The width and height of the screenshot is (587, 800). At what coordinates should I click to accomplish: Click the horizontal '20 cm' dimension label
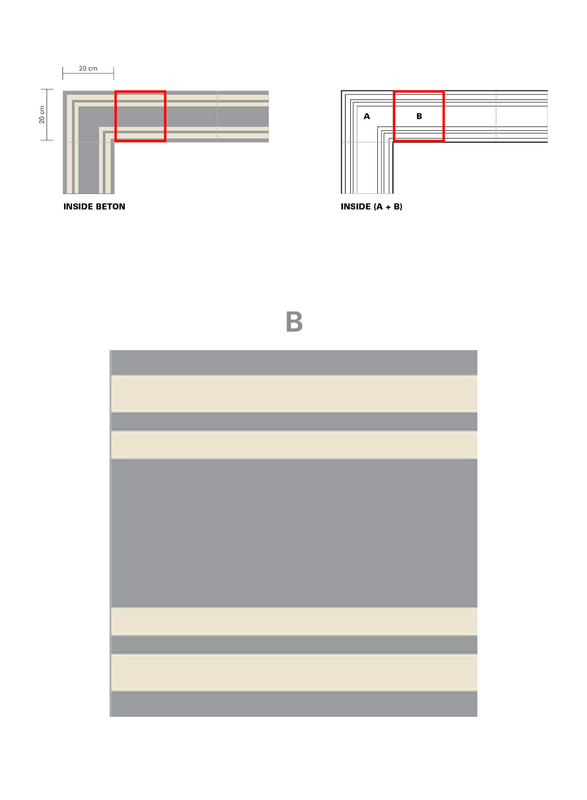(x=88, y=68)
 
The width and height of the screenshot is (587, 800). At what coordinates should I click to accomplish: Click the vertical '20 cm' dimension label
(x=42, y=115)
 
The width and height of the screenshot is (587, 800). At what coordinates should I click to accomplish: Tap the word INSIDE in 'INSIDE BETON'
(x=78, y=206)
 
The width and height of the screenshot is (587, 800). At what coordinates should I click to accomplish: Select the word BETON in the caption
(x=110, y=206)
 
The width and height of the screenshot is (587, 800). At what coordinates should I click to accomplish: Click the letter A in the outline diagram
(x=367, y=116)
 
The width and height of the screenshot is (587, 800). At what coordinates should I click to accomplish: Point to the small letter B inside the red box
(x=419, y=116)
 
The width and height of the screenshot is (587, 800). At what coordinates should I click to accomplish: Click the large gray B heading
(x=294, y=322)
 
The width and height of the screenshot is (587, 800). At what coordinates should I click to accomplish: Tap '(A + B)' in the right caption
(x=388, y=206)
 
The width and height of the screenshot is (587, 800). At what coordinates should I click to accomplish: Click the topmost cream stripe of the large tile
(x=294, y=394)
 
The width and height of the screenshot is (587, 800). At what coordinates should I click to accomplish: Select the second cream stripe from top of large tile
(x=294, y=445)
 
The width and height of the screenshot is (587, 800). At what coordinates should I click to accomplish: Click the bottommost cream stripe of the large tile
(x=294, y=673)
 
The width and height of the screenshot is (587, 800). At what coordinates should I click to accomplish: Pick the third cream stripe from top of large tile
(x=294, y=621)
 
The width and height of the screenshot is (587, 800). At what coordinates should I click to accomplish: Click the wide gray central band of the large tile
(x=294, y=533)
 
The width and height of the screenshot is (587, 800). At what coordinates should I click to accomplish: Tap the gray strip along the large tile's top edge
(x=294, y=362)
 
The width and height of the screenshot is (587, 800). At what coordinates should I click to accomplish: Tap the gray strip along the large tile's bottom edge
(x=294, y=704)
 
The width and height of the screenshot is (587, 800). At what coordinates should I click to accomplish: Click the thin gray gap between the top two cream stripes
(x=294, y=422)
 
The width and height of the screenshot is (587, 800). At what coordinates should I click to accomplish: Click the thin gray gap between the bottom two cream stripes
(x=294, y=645)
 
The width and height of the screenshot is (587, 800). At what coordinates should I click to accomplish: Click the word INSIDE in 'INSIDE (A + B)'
(x=356, y=206)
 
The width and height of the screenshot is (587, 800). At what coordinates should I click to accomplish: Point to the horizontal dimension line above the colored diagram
(x=88, y=74)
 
